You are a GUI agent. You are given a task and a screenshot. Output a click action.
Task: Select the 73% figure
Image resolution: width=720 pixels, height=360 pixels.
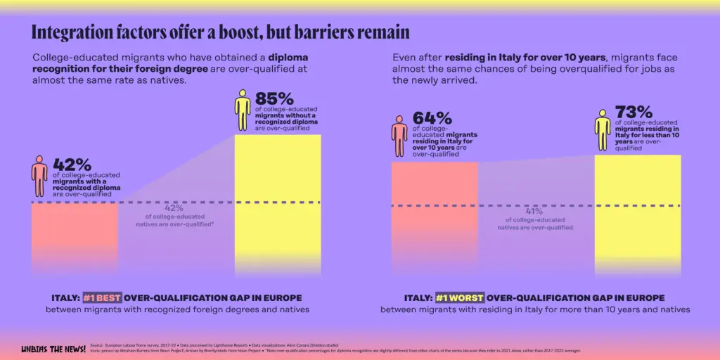pos(634,111)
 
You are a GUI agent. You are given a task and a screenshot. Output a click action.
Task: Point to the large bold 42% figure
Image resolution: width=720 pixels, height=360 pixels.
pos(72,165)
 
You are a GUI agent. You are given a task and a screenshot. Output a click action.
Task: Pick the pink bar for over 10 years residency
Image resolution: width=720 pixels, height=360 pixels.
pos(434,218)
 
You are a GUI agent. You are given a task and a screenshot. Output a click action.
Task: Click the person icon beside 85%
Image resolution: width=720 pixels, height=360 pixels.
pos(243,110)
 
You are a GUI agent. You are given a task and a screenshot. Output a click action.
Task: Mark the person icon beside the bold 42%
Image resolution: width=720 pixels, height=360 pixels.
pos(39,176)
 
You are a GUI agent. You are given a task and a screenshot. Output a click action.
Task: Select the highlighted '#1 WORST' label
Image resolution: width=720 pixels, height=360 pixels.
pos(460,297)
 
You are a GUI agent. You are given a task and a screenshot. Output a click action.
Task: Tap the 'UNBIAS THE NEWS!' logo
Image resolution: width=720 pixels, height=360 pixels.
pos(53,348)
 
